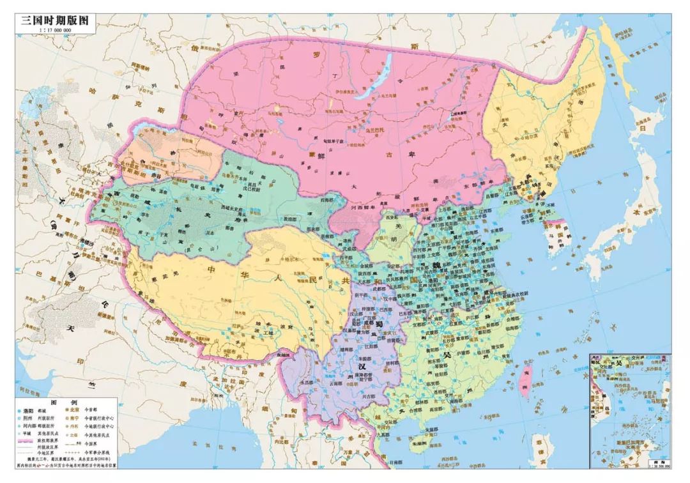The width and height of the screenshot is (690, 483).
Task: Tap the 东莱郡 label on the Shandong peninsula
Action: pyautogui.click(x=499, y=248)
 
